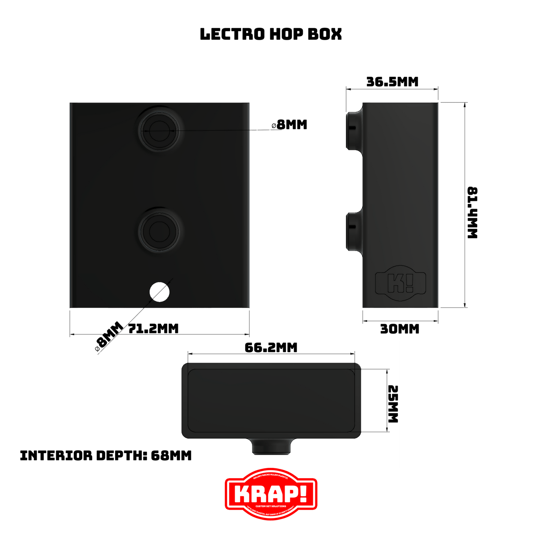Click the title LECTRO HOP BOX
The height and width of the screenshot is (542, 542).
click(x=271, y=34)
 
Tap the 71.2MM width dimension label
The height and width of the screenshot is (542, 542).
click(x=153, y=329)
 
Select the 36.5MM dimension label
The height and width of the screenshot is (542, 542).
click(x=392, y=82)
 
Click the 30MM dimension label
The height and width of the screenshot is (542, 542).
click(x=399, y=329)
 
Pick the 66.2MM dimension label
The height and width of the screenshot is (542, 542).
click(x=271, y=348)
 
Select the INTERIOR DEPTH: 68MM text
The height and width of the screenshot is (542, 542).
click(x=105, y=456)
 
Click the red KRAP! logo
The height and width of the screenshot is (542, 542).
click(x=271, y=494)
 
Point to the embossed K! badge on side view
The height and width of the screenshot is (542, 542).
click(x=401, y=284)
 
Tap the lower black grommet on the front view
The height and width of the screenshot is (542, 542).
click(x=160, y=230)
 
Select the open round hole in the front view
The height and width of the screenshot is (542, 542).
click(x=159, y=292)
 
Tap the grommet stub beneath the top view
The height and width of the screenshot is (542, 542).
click(x=270, y=446)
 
